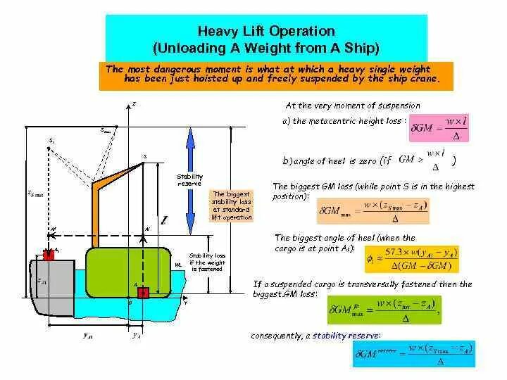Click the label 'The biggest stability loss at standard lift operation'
pyautogui.click(x=232, y=206)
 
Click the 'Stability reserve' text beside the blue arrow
pyautogui.click(x=189, y=179)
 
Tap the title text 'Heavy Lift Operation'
pyautogui.click(x=265, y=32)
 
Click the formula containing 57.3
pyautogui.click(x=413, y=259)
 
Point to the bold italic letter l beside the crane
pyautogui.click(x=163, y=221)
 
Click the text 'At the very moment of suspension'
pyautogui.click(x=352, y=106)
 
